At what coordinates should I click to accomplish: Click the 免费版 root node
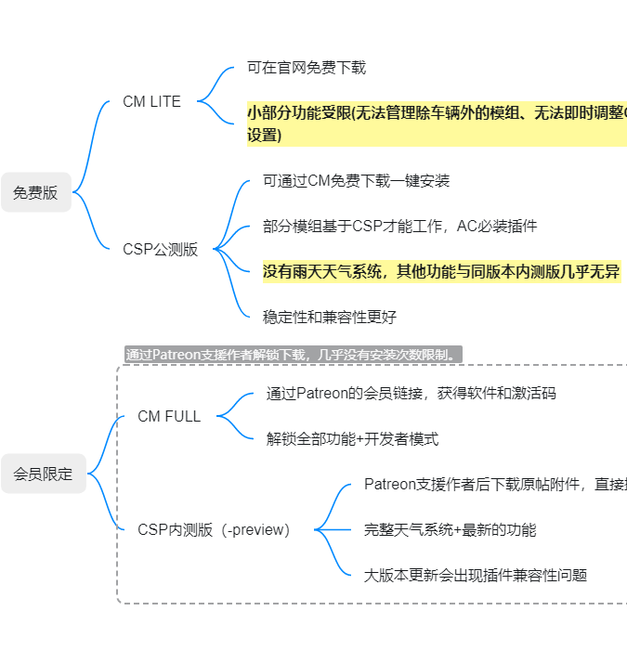[36, 192]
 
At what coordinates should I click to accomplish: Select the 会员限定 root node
[44, 474]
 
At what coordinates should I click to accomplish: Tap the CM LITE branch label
[151, 101]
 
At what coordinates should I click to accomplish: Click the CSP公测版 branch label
[161, 249]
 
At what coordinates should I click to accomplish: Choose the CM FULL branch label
[169, 416]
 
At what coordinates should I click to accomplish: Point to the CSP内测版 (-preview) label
[214, 530]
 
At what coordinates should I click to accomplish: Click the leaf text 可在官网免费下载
[307, 68]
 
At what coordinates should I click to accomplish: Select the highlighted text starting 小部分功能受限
[438, 123]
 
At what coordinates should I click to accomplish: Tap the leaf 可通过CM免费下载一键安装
[356, 181]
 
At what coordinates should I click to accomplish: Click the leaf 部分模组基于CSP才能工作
[399, 227]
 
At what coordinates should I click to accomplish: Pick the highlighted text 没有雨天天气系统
[442, 271]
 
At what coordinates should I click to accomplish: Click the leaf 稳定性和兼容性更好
[330, 318]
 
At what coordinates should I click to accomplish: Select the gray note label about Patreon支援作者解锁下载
[294, 355]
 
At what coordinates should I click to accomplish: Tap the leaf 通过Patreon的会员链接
[411, 394]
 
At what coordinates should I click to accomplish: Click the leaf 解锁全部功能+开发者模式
[352, 439]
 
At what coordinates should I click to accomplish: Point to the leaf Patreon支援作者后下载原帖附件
[495, 484]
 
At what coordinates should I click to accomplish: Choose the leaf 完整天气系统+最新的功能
[451, 530]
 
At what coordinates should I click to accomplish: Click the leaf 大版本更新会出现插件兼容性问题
[476, 576]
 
